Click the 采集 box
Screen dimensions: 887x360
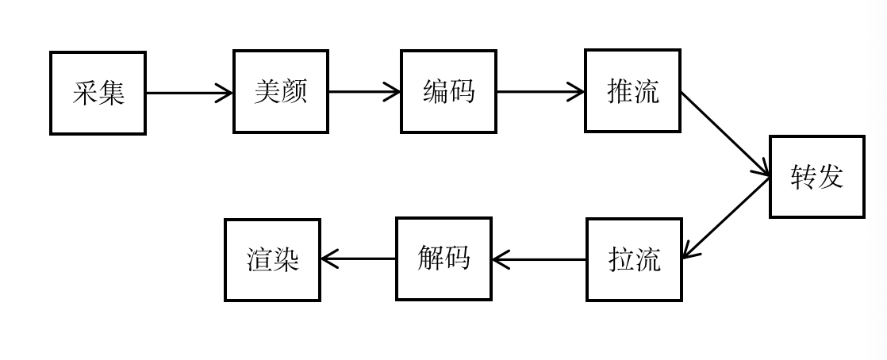[98, 94]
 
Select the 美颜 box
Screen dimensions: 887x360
[281, 91]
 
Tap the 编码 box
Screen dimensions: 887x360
[448, 91]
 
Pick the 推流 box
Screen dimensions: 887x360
[632, 91]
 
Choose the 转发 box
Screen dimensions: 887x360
[817, 176]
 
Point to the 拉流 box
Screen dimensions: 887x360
[634, 259]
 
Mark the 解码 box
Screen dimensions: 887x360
[443, 259]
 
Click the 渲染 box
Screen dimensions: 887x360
[273, 260]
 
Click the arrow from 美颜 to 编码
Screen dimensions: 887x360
[365, 91]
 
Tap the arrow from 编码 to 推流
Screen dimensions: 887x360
[541, 91]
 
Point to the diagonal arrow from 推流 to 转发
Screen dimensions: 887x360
[725, 135]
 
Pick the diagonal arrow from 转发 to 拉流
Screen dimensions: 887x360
[726, 218]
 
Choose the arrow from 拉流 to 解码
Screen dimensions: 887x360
[539, 259]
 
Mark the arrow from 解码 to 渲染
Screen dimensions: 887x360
[358, 259]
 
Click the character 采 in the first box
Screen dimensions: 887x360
[85, 94]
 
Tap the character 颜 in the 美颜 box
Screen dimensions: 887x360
[294, 91]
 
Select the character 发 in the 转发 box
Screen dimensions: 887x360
[831, 177]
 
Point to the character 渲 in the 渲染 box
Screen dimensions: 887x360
[259, 260]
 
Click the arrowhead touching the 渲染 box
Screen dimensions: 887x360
[328, 259]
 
